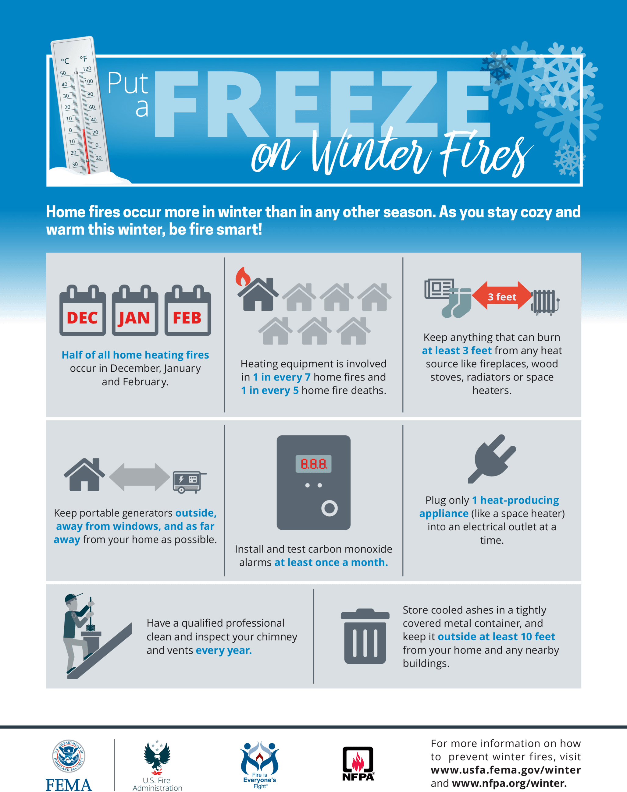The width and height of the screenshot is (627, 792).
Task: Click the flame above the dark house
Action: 243,276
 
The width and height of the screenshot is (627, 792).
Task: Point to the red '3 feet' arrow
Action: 501,296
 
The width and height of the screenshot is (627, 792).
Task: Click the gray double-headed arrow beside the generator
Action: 140,477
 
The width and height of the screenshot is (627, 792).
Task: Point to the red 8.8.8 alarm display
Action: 313,464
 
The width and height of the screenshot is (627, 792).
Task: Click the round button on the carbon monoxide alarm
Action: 329,508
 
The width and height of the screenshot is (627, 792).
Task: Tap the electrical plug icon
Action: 491,458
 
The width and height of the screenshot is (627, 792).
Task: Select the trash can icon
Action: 365,636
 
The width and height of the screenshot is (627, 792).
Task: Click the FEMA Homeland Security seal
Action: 69,756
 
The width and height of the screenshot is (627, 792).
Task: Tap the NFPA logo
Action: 358,763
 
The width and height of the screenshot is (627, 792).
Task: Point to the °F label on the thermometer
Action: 84,59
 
